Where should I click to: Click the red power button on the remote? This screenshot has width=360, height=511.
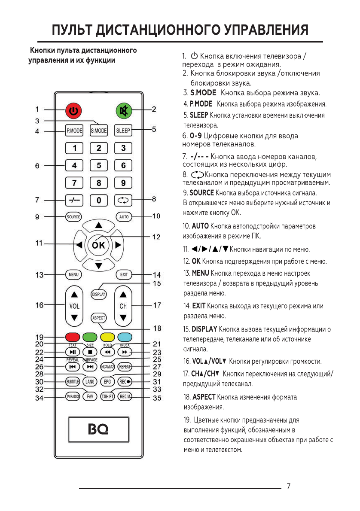[x=74, y=111]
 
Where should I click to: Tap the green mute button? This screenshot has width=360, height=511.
[x=124, y=111]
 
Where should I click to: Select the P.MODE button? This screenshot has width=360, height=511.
[x=74, y=131]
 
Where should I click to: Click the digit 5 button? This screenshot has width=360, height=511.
[x=99, y=165]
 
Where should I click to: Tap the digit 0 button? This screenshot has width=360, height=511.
[x=99, y=200]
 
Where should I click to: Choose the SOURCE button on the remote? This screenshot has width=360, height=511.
[x=73, y=217]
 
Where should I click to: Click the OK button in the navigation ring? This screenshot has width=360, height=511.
[x=98, y=246]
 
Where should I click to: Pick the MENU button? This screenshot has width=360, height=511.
[x=73, y=274]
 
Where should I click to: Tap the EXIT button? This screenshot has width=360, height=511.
[x=124, y=274]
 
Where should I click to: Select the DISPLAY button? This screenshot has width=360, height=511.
[x=99, y=294]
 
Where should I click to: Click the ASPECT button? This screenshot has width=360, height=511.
[x=99, y=318]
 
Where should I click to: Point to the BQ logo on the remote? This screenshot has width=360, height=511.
[x=98, y=429]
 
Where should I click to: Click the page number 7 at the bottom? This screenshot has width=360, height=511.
[x=288, y=487]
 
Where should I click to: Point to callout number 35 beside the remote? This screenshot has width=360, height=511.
[x=157, y=398]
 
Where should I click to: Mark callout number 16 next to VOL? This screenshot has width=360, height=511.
[x=40, y=305]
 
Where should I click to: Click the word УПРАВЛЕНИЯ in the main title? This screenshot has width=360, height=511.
[x=266, y=30]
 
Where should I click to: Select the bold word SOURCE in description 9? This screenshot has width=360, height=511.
[x=201, y=193]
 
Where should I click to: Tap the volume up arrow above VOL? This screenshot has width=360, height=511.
[x=74, y=295]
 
